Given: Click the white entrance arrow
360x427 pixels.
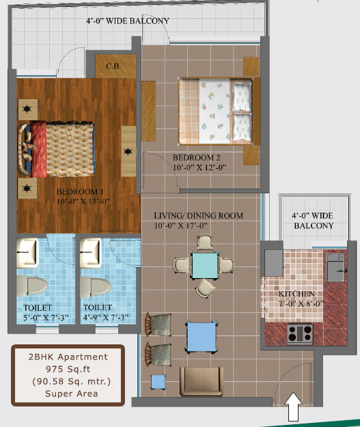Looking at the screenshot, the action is pyautogui.click(x=293, y=407).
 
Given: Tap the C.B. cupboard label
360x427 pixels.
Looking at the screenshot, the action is pyautogui.click(x=113, y=66).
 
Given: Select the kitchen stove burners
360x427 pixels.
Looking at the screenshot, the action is pyautogui.click(x=300, y=333).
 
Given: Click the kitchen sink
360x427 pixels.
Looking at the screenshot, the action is pyautogui.click(x=335, y=271).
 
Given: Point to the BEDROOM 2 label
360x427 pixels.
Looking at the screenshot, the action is pyautogui.click(x=196, y=157).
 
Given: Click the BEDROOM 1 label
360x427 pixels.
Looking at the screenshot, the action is pyautogui.click(x=80, y=192).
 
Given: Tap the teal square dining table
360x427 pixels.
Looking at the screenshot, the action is pyautogui.click(x=205, y=266).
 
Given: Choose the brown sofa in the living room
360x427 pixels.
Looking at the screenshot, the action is pyautogui.click(x=202, y=381).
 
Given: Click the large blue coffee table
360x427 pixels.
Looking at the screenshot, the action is pyautogui.click(x=202, y=337).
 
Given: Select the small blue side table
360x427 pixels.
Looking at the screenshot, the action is pyautogui.click(x=158, y=381).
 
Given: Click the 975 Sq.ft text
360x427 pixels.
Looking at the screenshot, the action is pyautogui.click(x=68, y=369).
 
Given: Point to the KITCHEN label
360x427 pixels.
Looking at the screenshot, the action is pyautogui.click(x=296, y=294).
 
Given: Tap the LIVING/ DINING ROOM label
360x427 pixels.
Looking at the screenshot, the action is pyautogui.click(x=199, y=216).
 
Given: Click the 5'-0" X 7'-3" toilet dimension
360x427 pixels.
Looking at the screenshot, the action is pyautogui.click(x=46, y=318).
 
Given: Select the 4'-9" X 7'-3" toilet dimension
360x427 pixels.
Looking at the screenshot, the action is pyautogui.click(x=106, y=318).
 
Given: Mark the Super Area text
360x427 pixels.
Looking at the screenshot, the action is pyautogui.click(x=72, y=394).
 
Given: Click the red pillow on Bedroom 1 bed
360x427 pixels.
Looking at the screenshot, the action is pyautogui.click(x=38, y=150).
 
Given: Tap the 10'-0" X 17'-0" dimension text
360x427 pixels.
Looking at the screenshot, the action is pyautogui.click(x=181, y=225).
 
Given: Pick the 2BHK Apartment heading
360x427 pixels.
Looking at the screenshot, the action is pyautogui.click(x=68, y=357).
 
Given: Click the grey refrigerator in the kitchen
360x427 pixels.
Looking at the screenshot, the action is pyautogui.click(x=274, y=263).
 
